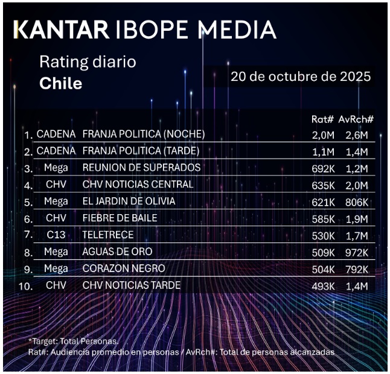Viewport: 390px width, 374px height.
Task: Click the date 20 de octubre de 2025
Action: pos(300,77)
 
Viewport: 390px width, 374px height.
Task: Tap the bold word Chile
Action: pos(60,83)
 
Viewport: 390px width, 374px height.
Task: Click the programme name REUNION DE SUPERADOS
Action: pos(141,167)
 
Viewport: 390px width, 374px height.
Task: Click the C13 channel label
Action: pos(56,235)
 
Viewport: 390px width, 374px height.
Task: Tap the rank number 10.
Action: pos(25,286)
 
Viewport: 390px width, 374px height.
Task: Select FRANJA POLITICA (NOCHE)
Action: pos(144,133)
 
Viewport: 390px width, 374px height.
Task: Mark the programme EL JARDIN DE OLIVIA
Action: pos(129,201)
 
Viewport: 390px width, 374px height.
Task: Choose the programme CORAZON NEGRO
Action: pos(123,268)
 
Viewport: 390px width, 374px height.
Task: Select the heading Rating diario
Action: pos(88,62)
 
